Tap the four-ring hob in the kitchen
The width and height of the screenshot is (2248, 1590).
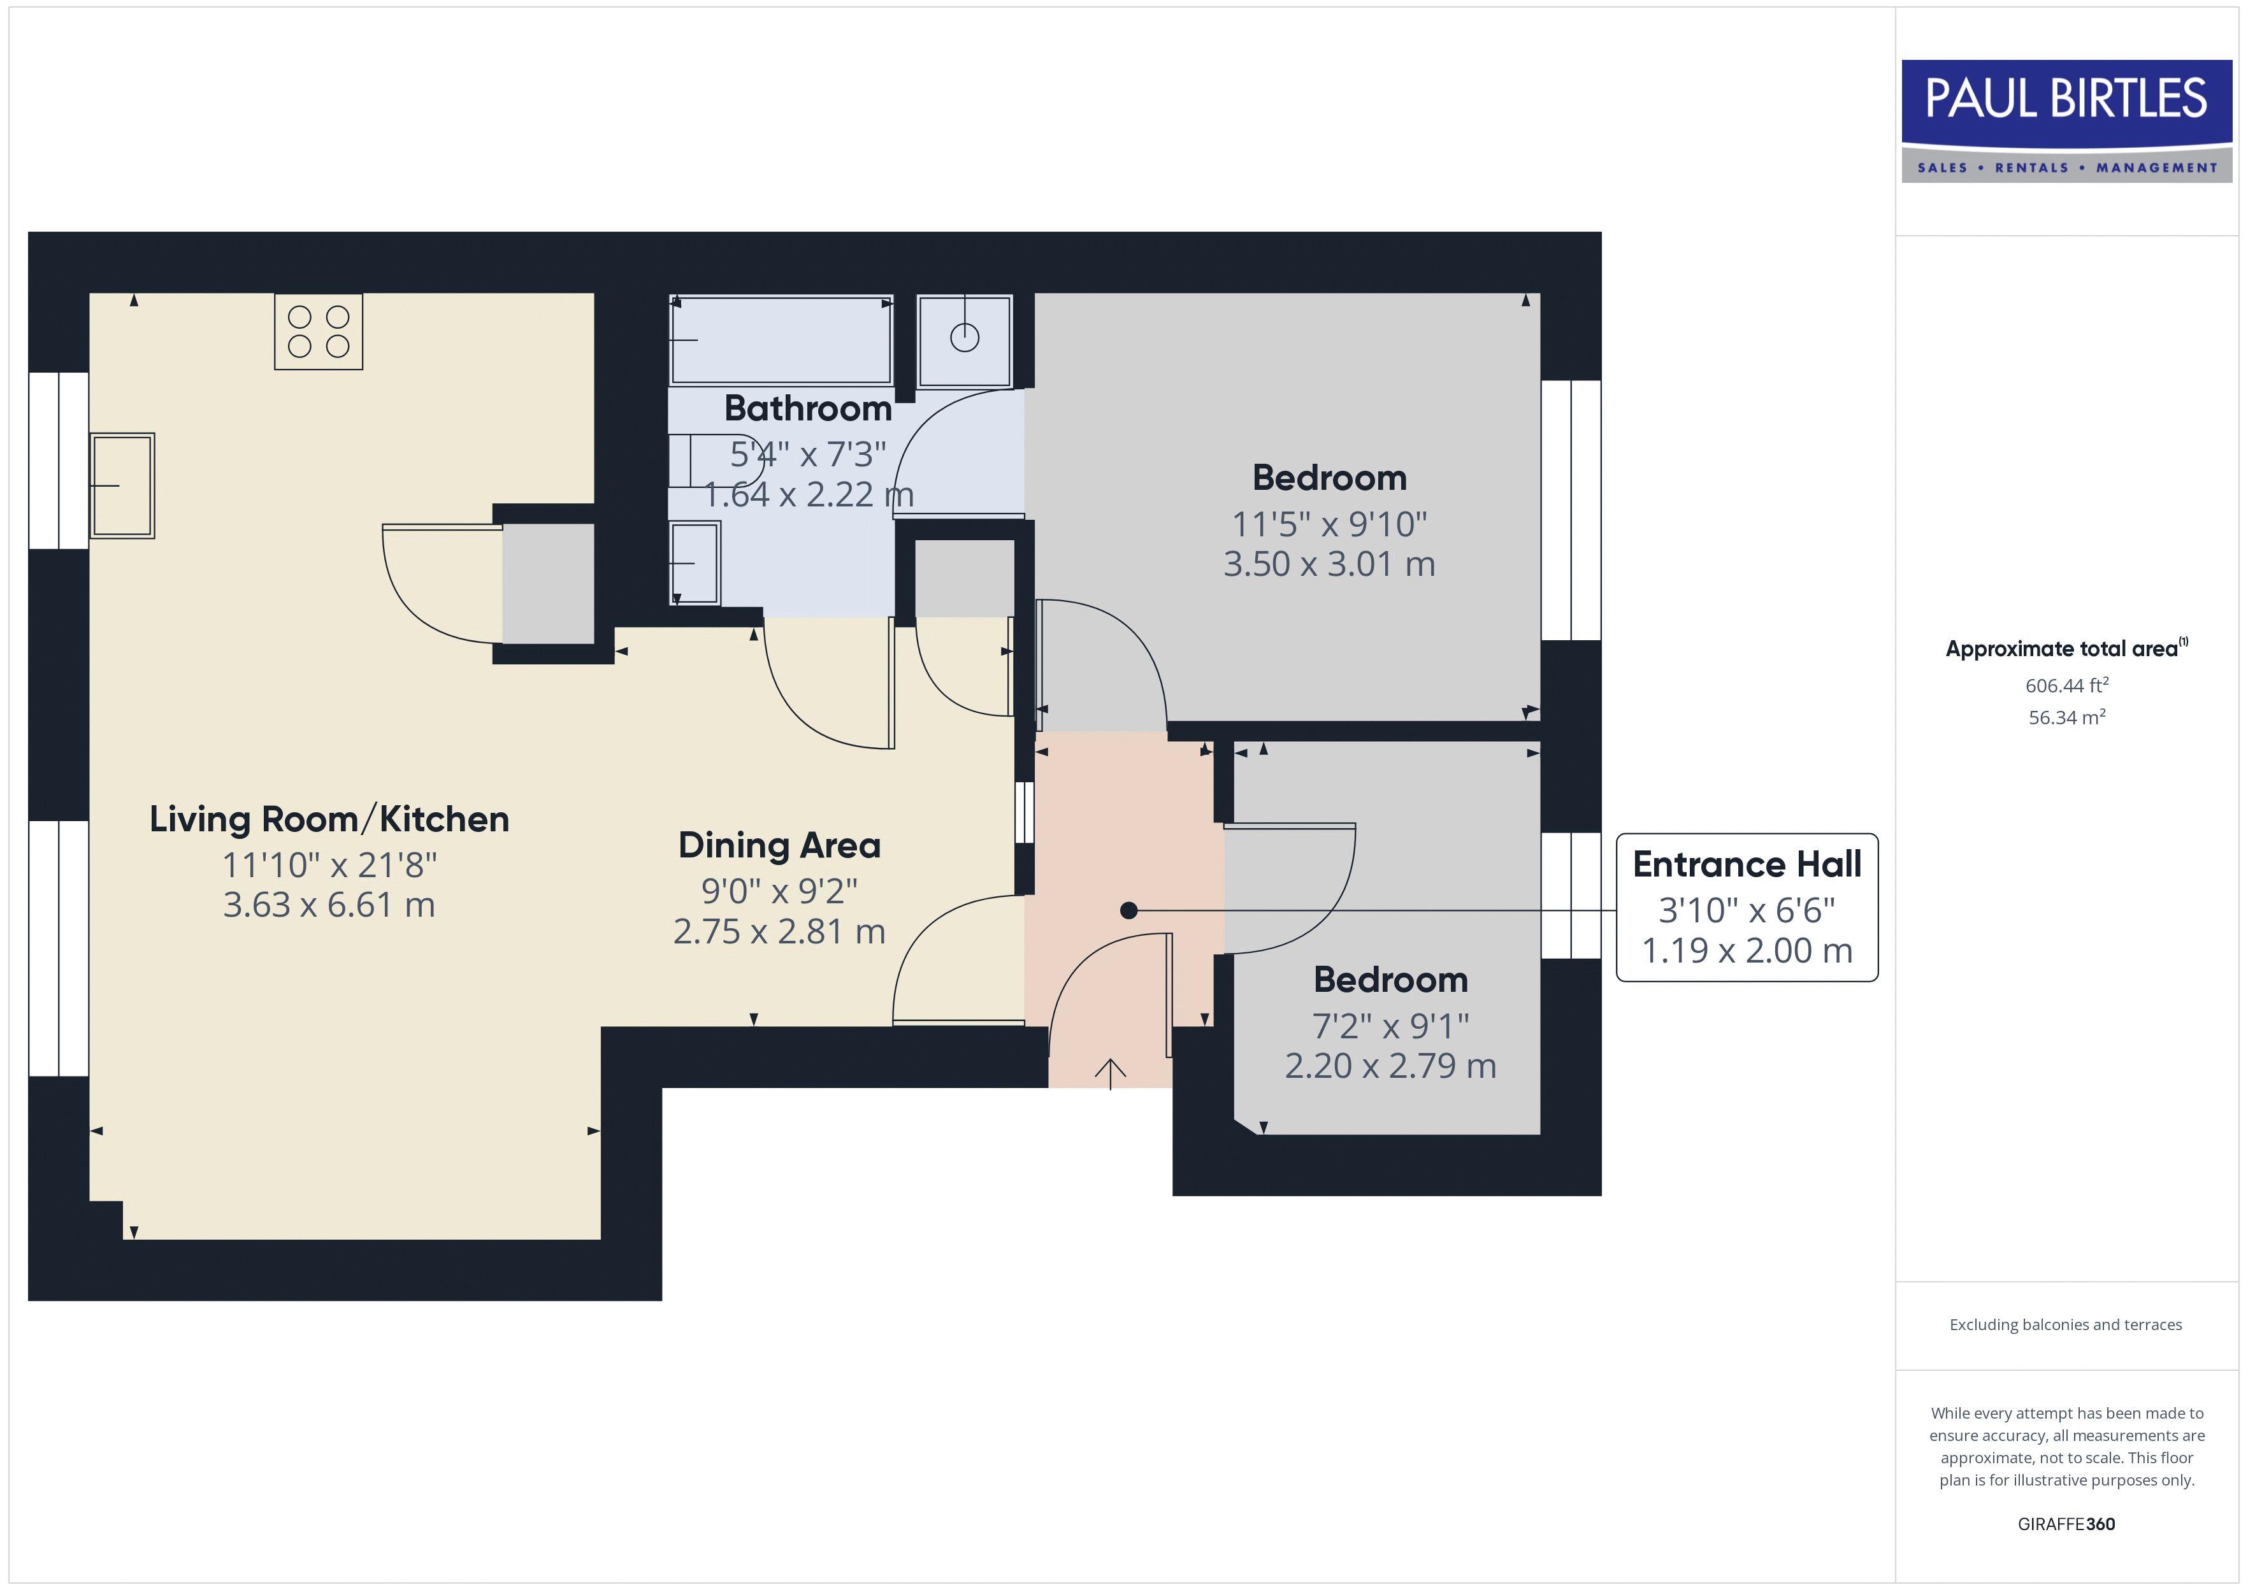click(x=318, y=332)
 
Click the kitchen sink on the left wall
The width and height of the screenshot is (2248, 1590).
click(x=122, y=485)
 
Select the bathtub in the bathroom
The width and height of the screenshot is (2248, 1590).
click(x=781, y=340)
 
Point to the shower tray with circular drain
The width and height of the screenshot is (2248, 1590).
click(x=965, y=340)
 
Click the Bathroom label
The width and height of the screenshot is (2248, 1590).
click(x=808, y=408)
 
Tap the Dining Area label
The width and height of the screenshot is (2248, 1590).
click(x=779, y=845)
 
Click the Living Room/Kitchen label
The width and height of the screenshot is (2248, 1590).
click(x=329, y=819)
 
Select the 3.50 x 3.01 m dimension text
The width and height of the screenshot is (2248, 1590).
click(x=1329, y=564)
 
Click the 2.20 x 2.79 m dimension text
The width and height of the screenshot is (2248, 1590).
click(x=1390, y=1065)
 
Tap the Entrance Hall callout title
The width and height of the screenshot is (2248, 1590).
click(x=1747, y=864)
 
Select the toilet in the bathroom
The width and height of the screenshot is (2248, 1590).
click(x=715, y=459)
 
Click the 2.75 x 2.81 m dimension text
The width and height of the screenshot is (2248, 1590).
click(x=779, y=931)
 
